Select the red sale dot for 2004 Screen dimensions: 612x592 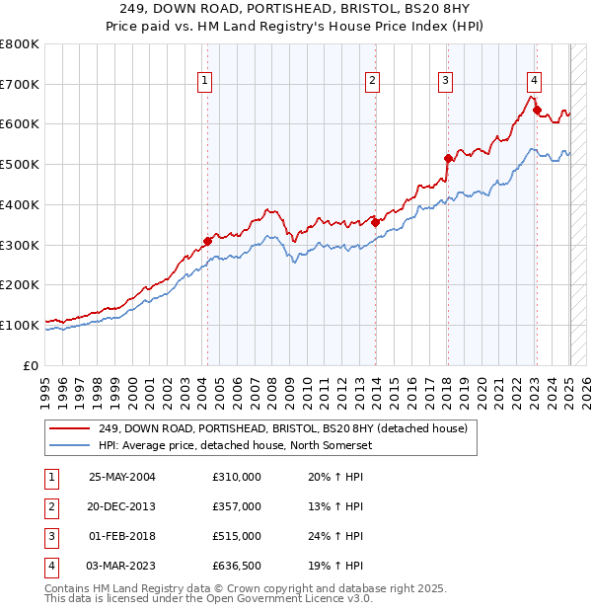point(207,241)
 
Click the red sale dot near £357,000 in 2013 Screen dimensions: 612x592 point(375,222)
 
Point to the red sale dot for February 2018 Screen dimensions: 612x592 point(448,158)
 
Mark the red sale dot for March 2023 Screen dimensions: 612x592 point(538,110)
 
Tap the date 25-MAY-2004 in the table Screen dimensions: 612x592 point(122,477)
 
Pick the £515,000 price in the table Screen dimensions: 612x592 point(237,536)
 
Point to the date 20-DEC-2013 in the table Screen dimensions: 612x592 point(122,506)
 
